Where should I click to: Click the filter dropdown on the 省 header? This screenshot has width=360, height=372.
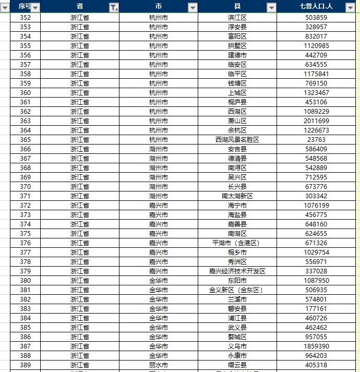[114, 7]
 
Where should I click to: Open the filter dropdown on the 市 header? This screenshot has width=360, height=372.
[193, 7]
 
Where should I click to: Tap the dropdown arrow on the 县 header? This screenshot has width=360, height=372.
[271, 7]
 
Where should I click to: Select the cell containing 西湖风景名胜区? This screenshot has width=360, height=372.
[237, 140]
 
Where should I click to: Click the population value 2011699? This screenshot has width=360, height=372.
[317, 121]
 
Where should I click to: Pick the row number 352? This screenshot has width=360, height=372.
[25, 18]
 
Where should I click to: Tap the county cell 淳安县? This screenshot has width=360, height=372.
[237, 27]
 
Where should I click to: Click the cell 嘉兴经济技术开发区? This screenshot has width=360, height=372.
[237, 271]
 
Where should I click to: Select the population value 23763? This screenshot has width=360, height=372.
[317, 140]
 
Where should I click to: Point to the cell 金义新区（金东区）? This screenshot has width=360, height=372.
[237, 290]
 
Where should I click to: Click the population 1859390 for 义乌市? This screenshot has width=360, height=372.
[317, 346]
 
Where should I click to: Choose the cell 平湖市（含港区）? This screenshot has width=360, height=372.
[237, 243]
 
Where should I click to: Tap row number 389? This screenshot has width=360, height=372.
[25, 365]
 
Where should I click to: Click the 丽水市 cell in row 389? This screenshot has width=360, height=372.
[159, 365]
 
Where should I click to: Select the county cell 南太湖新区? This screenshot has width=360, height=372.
[237, 196]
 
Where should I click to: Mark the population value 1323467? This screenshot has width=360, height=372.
[317, 93]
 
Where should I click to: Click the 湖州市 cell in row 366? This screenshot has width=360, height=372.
[159, 149]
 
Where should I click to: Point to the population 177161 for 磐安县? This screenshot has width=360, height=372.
[317, 309]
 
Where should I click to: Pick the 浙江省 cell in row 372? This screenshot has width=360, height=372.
[80, 206]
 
